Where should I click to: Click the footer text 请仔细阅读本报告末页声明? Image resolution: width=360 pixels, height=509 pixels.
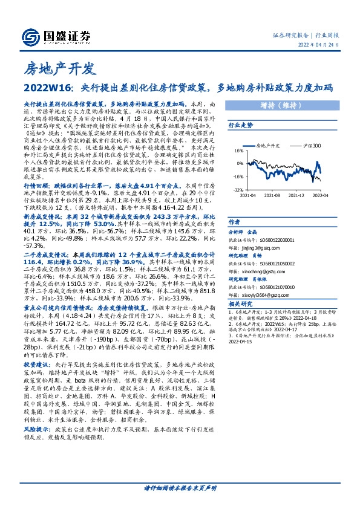coord(180,487)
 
